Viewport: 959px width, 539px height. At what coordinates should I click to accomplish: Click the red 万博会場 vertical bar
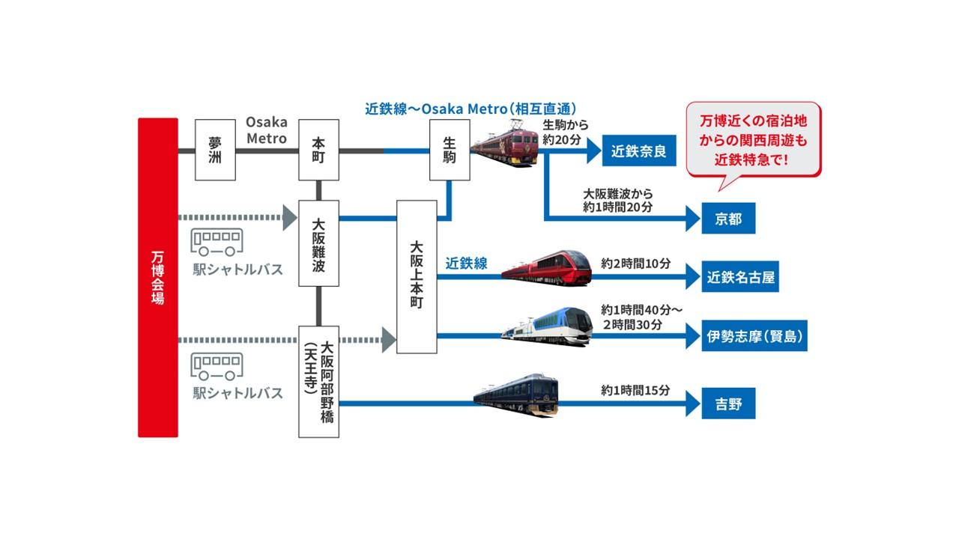coord(158,277)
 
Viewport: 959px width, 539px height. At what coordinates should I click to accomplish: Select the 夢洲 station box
coord(215,150)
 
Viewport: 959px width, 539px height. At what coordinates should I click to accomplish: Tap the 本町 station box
coord(318,150)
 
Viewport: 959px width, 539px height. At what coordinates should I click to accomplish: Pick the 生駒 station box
coord(450,150)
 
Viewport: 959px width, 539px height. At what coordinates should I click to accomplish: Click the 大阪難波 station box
coord(318,243)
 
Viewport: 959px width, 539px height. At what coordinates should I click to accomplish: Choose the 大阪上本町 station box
coord(417,276)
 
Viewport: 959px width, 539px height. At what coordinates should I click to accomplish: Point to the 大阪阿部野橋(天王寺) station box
coord(318,381)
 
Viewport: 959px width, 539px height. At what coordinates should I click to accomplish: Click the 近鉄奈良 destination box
coord(638,151)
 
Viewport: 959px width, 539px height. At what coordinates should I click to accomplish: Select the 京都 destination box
coord(727,219)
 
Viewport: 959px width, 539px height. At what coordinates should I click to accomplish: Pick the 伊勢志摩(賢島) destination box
coord(754,337)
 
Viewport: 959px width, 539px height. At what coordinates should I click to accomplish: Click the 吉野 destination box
coord(727,404)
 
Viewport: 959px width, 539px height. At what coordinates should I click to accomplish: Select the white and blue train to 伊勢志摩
coord(547,327)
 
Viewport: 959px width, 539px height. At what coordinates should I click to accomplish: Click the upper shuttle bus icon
coord(218,242)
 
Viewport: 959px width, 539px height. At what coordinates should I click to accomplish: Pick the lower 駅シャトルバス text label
coord(238,393)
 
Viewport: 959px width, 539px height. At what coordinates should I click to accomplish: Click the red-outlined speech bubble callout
coord(754,140)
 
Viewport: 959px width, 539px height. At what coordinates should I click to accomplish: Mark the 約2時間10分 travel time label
coord(635,264)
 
